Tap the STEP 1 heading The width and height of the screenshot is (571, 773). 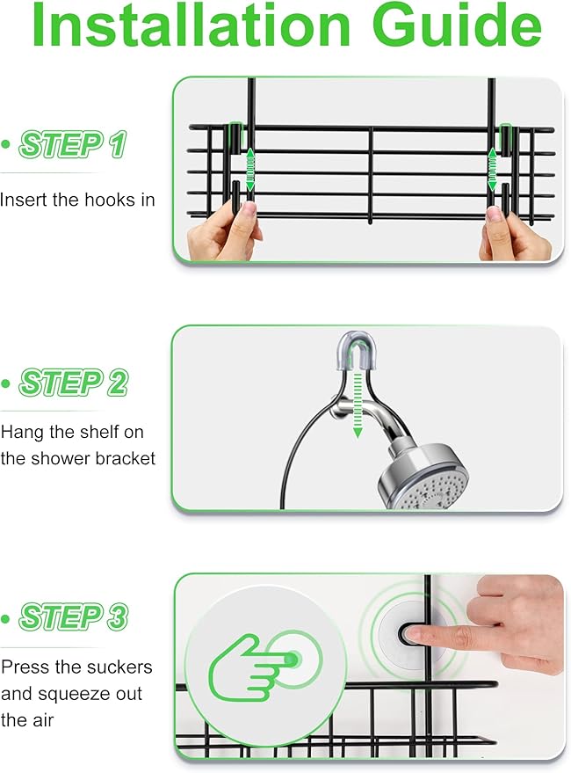tap(73, 144)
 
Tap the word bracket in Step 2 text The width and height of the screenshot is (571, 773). tap(126, 457)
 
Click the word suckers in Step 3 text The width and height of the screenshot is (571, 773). tap(122, 667)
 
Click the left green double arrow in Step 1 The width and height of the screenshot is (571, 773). tap(249, 169)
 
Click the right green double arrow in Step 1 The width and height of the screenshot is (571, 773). tap(493, 169)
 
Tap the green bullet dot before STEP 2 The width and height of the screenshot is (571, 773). tap(7, 383)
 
